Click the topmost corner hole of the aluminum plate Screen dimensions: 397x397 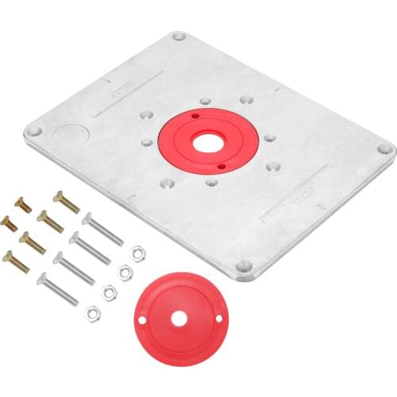coord(179,37)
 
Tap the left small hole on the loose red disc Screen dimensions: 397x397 coord(141,320)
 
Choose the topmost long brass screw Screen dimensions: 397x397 coord(67,202)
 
